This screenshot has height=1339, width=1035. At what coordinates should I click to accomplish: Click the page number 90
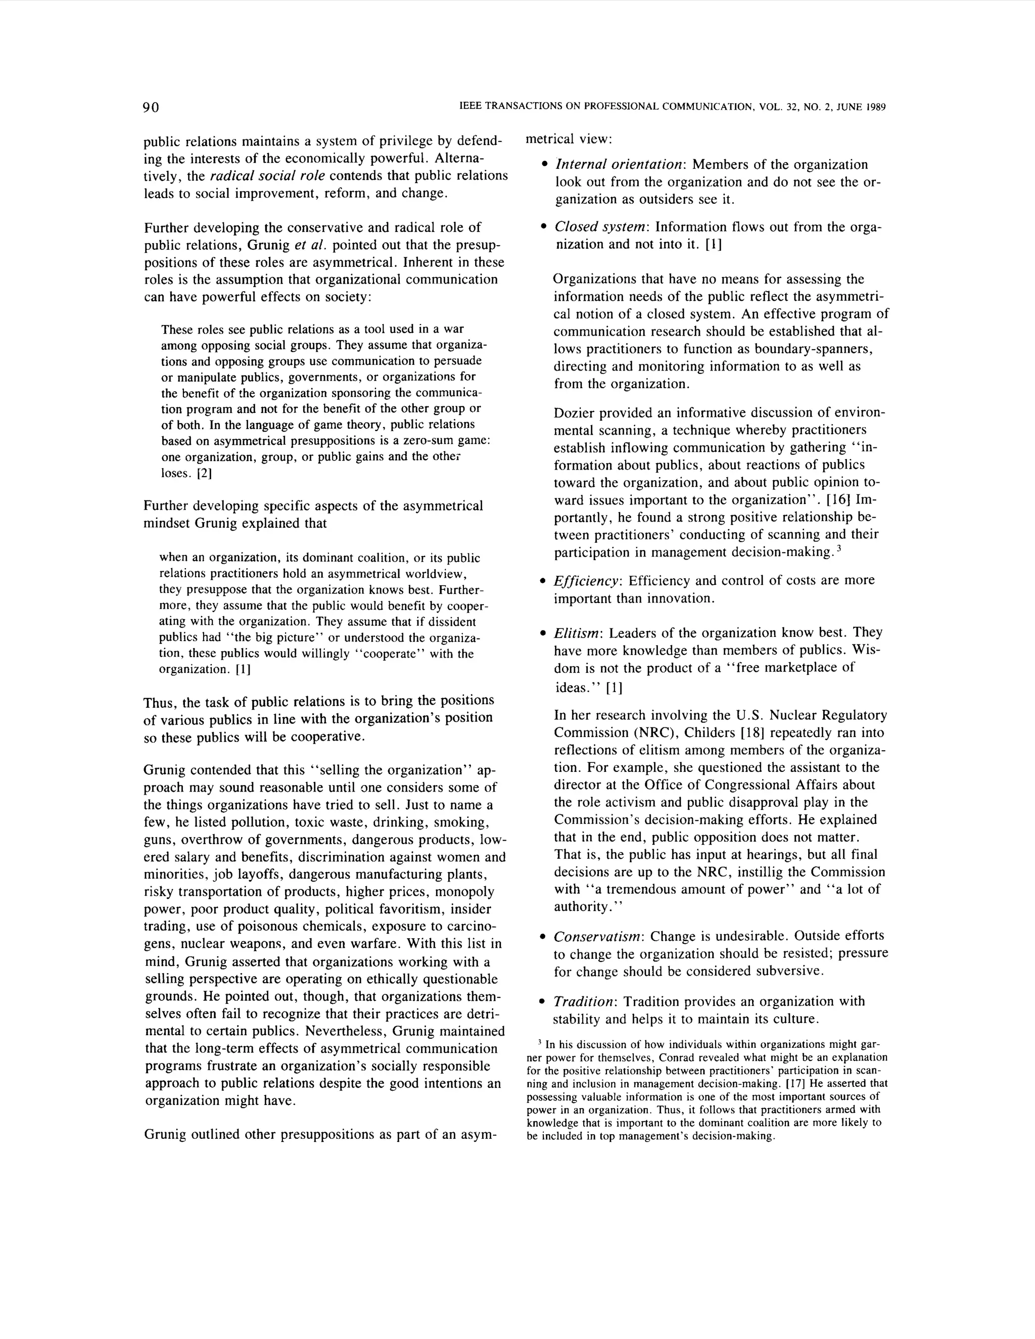click(151, 107)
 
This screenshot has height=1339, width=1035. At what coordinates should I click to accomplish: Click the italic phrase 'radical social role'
click(267, 176)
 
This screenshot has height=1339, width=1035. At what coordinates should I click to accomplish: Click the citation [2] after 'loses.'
click(204, 473)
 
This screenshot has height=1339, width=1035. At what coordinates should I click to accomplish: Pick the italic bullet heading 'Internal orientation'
click(619, 165)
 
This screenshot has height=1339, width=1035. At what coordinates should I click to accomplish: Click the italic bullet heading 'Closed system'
click(601, 227)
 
